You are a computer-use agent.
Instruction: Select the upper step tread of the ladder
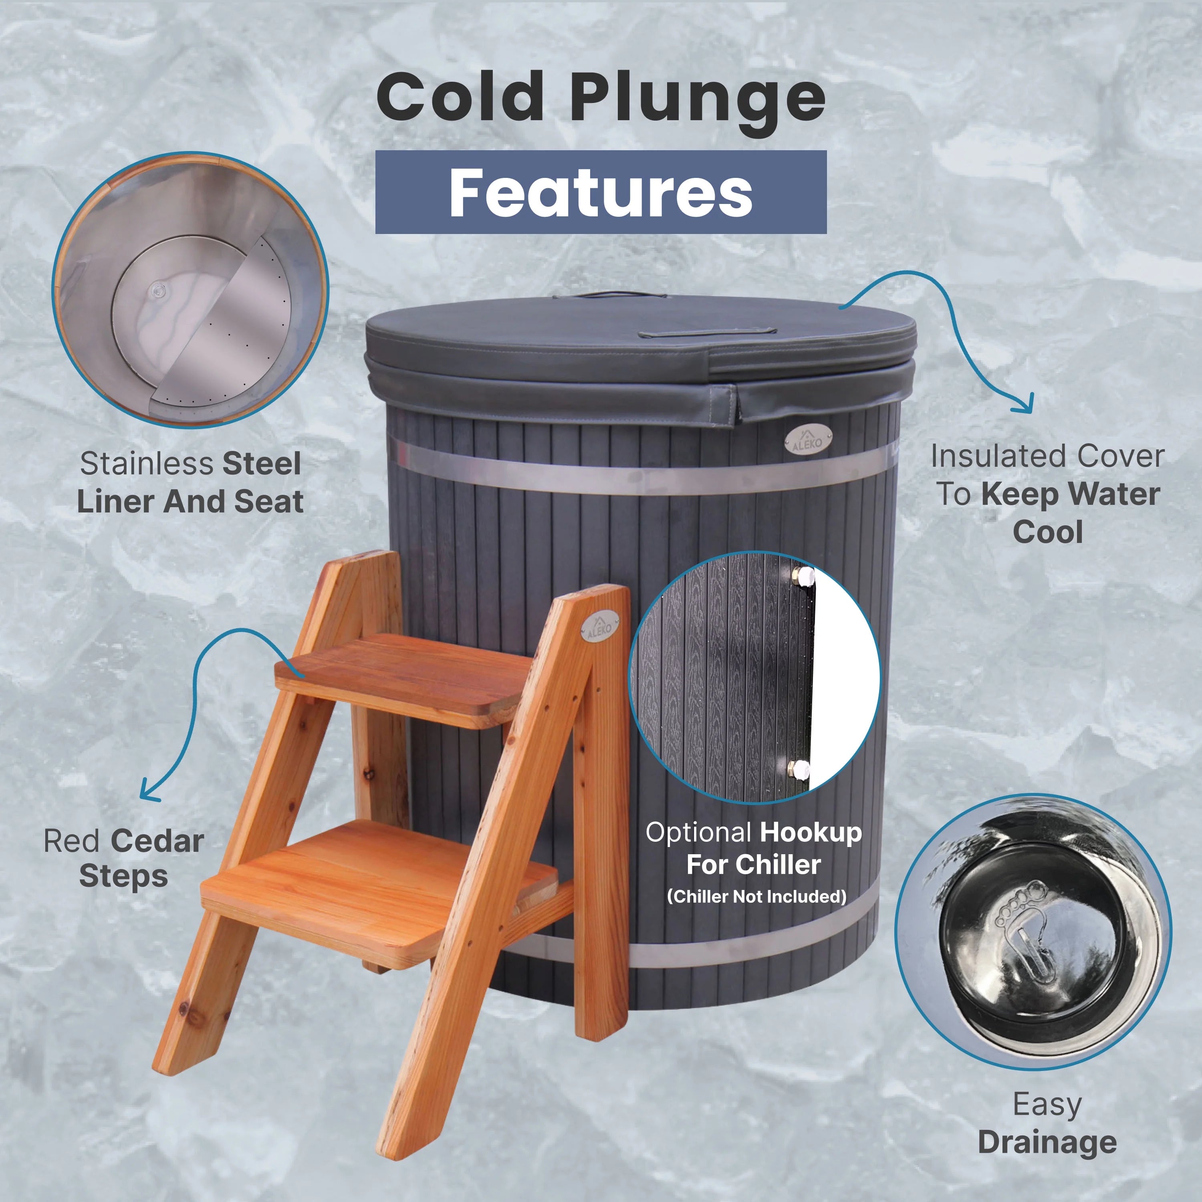pos(404,678)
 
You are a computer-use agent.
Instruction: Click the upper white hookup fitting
pos(805,575)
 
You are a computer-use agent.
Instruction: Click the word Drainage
pos(1047,1142)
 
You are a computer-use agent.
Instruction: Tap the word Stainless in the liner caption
pos(146,464)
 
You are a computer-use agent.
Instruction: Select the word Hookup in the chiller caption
pos(810,833)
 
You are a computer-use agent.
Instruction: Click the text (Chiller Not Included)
pos(756,897)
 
